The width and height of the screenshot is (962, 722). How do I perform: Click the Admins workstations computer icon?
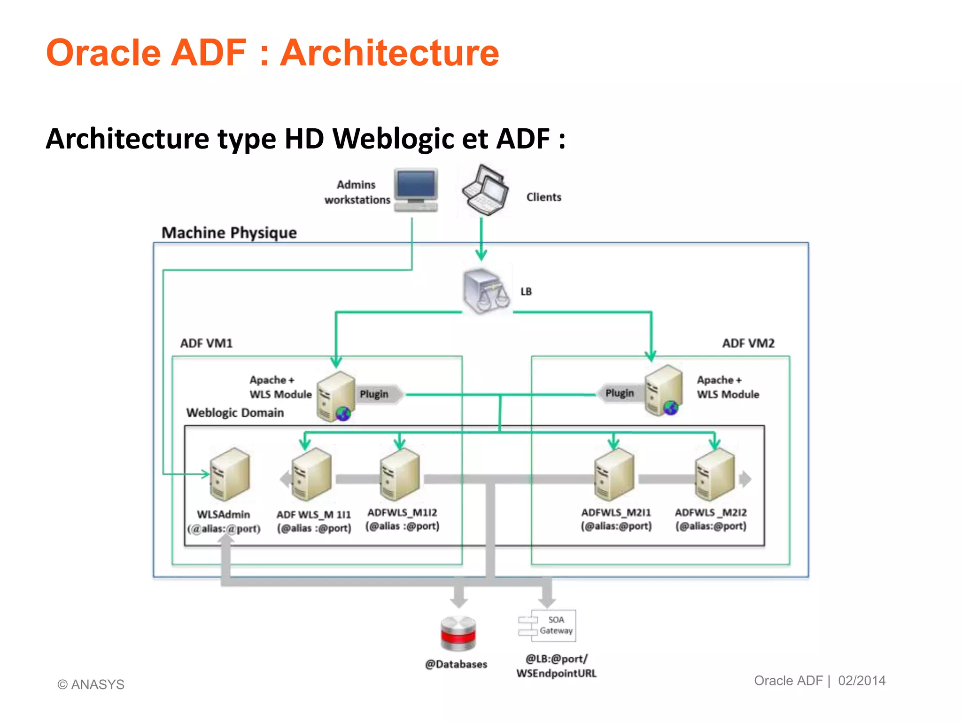click(416, 190)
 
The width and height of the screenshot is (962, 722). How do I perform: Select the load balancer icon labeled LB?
click(486, 291)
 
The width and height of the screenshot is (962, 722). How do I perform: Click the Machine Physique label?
click(229, 233)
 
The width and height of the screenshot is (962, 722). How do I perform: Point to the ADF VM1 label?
click(206, 343)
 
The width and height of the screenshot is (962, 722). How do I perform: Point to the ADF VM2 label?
click(748, 343)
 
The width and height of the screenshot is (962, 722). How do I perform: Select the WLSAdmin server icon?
click(229, 474)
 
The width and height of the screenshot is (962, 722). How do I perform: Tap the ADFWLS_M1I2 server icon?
click(400, 474)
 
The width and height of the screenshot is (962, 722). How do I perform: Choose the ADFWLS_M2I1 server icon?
click(614, 474)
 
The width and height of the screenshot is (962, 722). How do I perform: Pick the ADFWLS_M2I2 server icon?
click(714, 474)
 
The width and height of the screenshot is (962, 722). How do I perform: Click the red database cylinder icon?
click(458, 633)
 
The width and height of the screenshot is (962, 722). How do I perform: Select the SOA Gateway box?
click(548, 626)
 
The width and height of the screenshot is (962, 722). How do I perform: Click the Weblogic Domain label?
click(235, 413)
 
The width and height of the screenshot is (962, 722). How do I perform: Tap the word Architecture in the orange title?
click(389, 53)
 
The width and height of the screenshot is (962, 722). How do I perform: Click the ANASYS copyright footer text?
click(91, 684)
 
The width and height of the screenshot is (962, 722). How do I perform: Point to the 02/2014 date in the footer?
click(861, 681)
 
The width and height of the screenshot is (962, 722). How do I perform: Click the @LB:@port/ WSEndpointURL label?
click(556, 666)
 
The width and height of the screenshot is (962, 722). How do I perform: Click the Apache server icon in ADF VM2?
click(663, 390)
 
